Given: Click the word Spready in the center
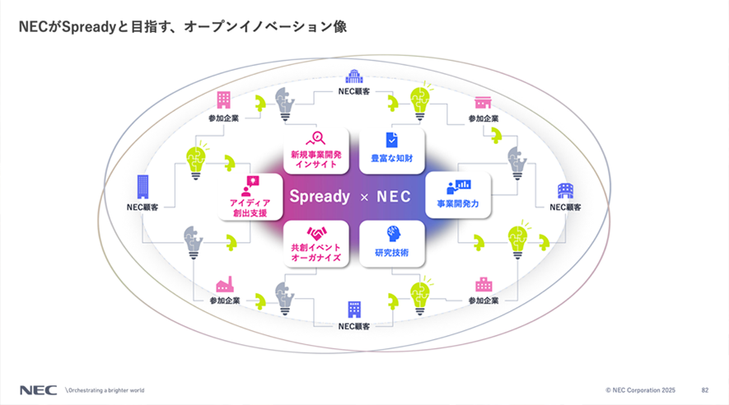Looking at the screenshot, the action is pyautogui.click(x=320, y=197).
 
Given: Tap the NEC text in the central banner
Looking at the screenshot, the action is pyautogui.click(x=394, y=197).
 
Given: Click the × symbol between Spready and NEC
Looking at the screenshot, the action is pyautogui.click(x=364, y=198).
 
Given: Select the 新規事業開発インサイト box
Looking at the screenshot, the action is pyautogui.click(x=316, y=151).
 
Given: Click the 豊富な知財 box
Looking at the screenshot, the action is pyautogui.click(x=392, y=151).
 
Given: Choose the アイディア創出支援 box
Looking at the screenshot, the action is pyautogui.click(x=250, y=197).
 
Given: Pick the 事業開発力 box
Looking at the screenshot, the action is pyautogui.click(x=458, y=195).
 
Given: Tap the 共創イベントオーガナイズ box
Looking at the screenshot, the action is pyautogui.click(x=316, y=244).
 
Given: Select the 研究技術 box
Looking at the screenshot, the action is pyautogui.click(x=392, y=244).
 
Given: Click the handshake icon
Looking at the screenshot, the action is pyautogui.click(x=316, y=233).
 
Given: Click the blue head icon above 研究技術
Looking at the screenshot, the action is pyautogui.click(x=393, y=234).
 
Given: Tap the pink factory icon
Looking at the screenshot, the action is pyautogui.click(x=225, y=284).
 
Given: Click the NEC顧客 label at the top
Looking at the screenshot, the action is pyautogui.click(x=354, y=91).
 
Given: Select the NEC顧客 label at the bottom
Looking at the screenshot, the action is pyautogui.click(x=354, y=327).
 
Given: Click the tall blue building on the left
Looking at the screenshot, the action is pyautogui.click(x=143, y=187).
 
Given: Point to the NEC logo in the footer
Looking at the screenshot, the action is pyautogui.click(x=38, y=390).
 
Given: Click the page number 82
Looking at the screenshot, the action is pyautogui.click(x=705, y=390).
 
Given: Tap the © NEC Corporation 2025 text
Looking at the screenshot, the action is pyautogui.click(x=640, y=390).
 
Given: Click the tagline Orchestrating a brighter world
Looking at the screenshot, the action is pyautogui.click(x=106, y=390).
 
